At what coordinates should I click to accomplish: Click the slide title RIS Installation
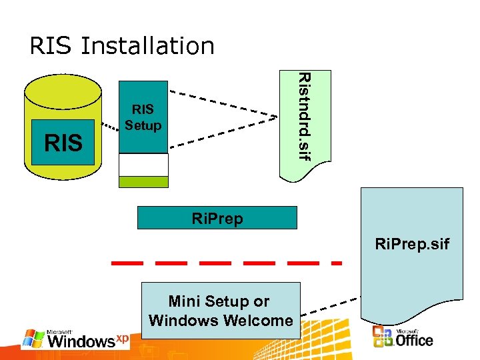pyautogui.click(x=122, y=46)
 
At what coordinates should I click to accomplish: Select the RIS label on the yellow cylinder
pyautogui.click(x=63, y=142)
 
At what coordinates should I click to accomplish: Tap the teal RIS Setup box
pyautogui.click(x=143, y=117)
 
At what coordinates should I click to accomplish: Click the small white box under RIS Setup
pyautogui.click(x=143, y=165)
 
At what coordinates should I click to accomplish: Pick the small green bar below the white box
pyautogui.click(x=143, y=182)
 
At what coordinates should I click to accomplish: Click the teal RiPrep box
pyautogui.click(x=217, y=218)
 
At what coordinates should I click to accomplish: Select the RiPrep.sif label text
pyautogui.click(x=412, y=245)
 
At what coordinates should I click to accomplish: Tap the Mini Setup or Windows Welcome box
pyautogui.click(x=221, y=311)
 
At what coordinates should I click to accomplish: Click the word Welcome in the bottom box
pyautogui.click(x=259, y=321)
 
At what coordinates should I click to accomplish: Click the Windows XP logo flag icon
pyautogui.click(x=33, y=339)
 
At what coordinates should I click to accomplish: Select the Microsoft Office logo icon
pyautogui.click(x=383, y=337)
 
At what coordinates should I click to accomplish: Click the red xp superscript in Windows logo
pyautogui.click(x=122, y=339)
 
